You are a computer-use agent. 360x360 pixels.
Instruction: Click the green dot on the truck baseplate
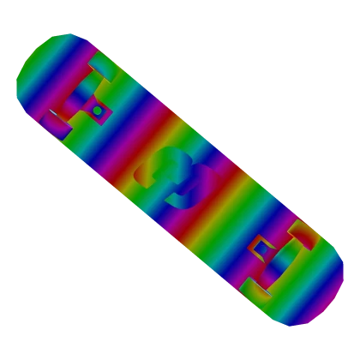98,110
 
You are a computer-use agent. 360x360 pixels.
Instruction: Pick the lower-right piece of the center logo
195,190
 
